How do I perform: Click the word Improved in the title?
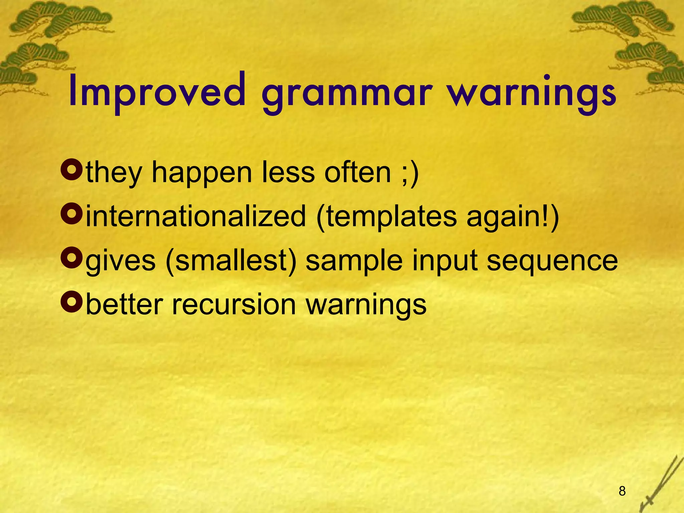pos(157,92)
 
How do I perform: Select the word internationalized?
pos(196,216)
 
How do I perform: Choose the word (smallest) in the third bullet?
pos(230,261)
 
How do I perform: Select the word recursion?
pos(234,305)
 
